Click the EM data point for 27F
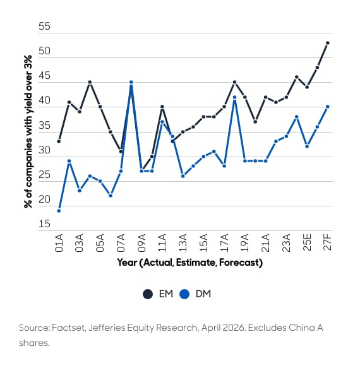328,43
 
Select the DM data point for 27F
328,107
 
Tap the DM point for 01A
59,211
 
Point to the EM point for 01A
59,141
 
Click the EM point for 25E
307,87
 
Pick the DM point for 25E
307,146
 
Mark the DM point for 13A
183,176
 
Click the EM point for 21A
266,97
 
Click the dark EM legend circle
148,294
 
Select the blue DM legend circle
184,294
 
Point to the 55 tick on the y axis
44,26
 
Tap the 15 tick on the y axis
44,224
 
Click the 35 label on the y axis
44,125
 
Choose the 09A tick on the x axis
141,243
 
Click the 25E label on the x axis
307,242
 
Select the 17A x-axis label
224,243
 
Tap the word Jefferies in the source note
106,328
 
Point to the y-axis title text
28,131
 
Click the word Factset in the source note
68,328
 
